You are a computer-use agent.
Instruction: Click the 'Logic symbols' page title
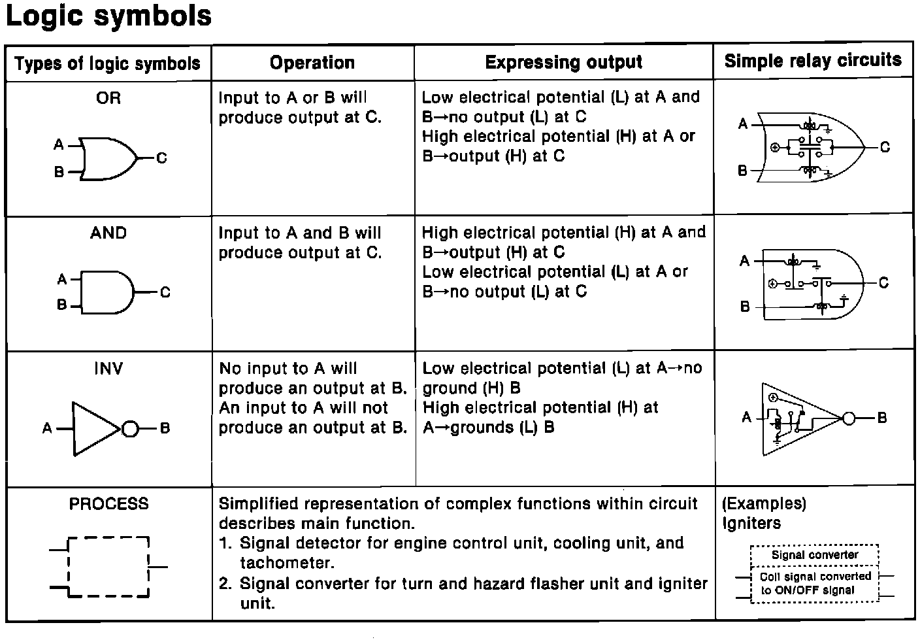tap(108, 16)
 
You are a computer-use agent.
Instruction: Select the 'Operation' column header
tap(312, 63)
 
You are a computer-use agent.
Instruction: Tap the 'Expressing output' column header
tap(563, 63)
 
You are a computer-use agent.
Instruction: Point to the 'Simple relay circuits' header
tap(813, 61)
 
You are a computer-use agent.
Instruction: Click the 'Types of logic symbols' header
tap(107, 63)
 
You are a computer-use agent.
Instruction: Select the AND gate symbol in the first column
tap(107, 292)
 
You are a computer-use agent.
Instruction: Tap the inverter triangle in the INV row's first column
tap(94, 429)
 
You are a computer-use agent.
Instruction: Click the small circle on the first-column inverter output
tap(130, 429)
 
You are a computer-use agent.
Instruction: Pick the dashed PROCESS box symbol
tap(108, 567)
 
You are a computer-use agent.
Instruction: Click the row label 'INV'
tap(108, 369)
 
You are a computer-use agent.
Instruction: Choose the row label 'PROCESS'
tap(109, 504)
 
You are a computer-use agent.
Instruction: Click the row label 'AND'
tap(108, 233)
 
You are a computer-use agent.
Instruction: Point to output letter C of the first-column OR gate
tap(161, 158)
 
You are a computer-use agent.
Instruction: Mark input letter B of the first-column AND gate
tap(62, 305)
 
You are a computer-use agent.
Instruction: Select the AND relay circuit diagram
tap(813, 284)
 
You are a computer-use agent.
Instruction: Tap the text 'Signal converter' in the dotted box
tap(815, 555)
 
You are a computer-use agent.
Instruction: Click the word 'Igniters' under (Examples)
tap(751, 524)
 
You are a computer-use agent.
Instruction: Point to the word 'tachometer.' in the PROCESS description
tap(287, 563)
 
